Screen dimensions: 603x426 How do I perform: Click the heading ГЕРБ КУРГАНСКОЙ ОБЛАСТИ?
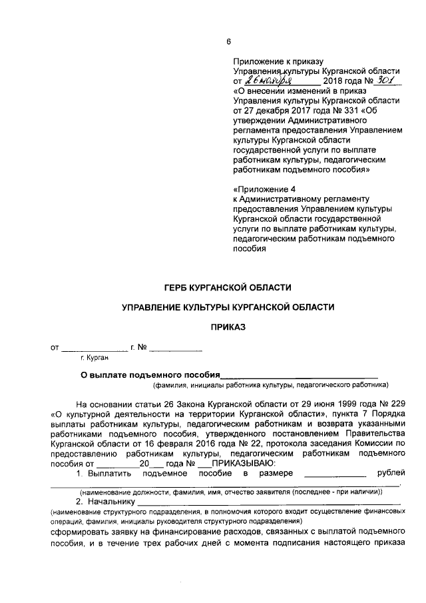point(228,287)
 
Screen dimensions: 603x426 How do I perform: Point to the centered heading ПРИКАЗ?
point(228,327)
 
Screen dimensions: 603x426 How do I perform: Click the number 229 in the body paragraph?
point(398,404)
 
